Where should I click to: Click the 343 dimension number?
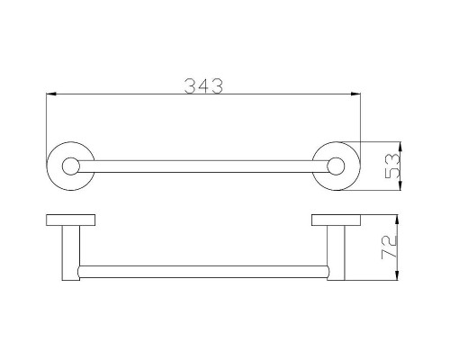203,86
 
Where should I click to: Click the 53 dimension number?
392,166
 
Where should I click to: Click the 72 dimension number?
389,247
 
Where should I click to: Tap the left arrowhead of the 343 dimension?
51,94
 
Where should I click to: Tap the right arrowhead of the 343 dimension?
355,94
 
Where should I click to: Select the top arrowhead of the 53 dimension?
400,147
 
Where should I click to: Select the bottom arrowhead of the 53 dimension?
400,185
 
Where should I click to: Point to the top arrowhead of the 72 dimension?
397,220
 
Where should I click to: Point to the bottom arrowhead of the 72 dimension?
397,275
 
